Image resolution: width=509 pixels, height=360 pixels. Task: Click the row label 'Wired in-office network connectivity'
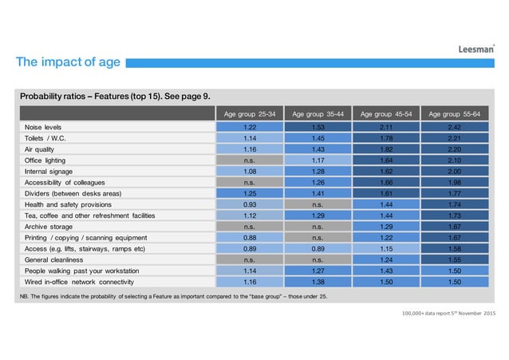point(90,283)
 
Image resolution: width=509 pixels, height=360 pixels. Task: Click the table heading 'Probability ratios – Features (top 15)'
point(116,97)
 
